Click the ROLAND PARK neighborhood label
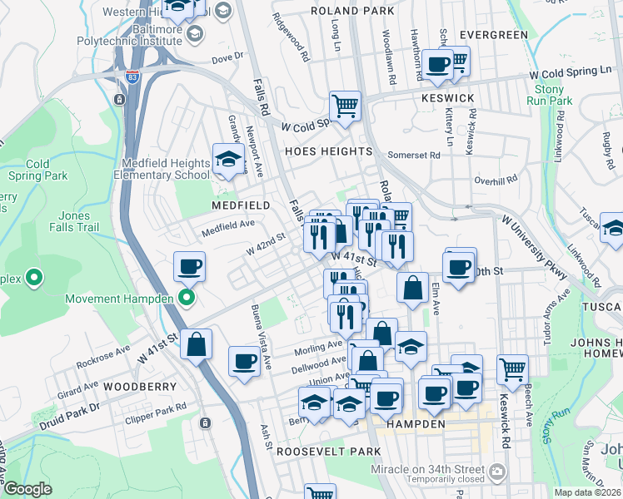351,11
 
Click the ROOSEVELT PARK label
328,451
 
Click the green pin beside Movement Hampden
187,298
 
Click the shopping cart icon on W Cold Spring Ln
344,105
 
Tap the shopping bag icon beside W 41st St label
196,345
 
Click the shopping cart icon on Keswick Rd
512,368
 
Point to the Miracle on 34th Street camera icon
497,472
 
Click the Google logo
27,489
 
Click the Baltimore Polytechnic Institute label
129,34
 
